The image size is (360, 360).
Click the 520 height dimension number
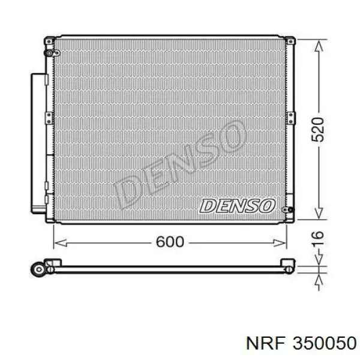[318, 129]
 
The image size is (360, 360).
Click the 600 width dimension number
[170, 242]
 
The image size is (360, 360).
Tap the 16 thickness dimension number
[318, 238]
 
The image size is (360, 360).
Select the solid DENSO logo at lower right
[238, 205]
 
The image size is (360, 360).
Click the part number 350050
[325, 343]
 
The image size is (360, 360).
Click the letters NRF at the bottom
[266, 343]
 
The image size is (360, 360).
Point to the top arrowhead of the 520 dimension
[319, 46]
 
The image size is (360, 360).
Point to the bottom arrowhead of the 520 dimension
[319, 213]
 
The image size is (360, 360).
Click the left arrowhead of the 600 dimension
[61, 242]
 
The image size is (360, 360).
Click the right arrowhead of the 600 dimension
[280, 242]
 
